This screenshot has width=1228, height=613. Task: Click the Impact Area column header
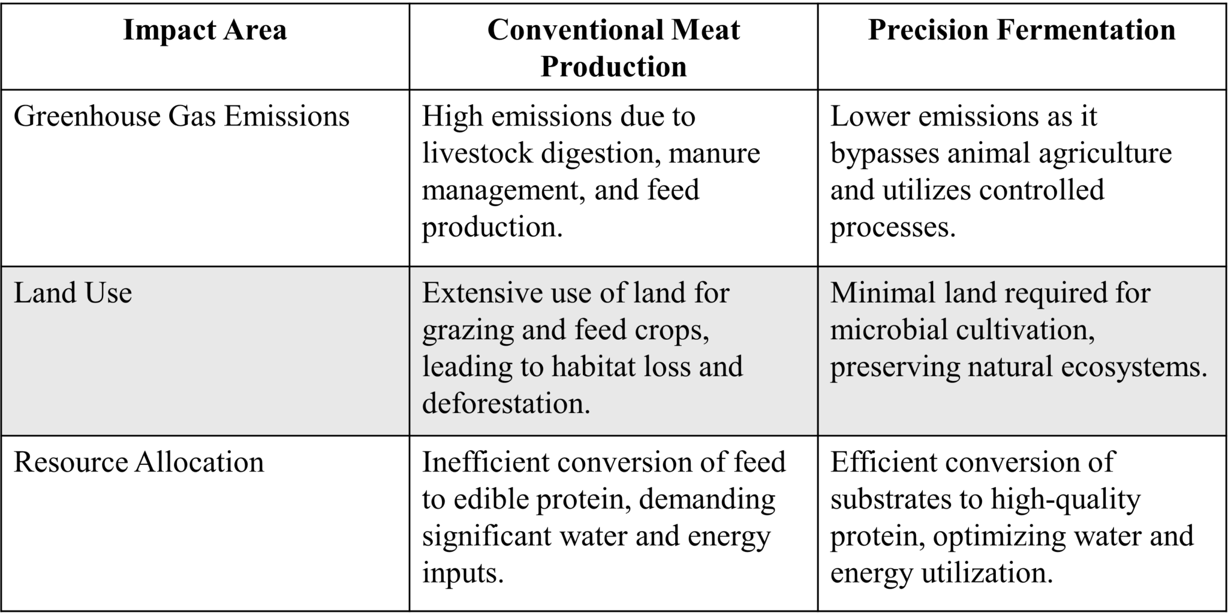[x=205, y=30]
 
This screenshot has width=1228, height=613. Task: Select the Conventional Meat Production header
[x=613, y=48]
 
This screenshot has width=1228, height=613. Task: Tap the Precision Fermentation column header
[x=1021, y=30]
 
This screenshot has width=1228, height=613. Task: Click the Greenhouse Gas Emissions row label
[x=181, y=116]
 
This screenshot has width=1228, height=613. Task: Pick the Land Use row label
[x=73, y=293]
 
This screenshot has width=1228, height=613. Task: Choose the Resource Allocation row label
[x=139, y=462]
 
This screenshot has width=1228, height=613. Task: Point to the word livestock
[x=476, y=153]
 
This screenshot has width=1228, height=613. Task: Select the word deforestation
[x=506, y=403]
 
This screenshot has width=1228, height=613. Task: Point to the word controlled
[x=1042, y=190]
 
